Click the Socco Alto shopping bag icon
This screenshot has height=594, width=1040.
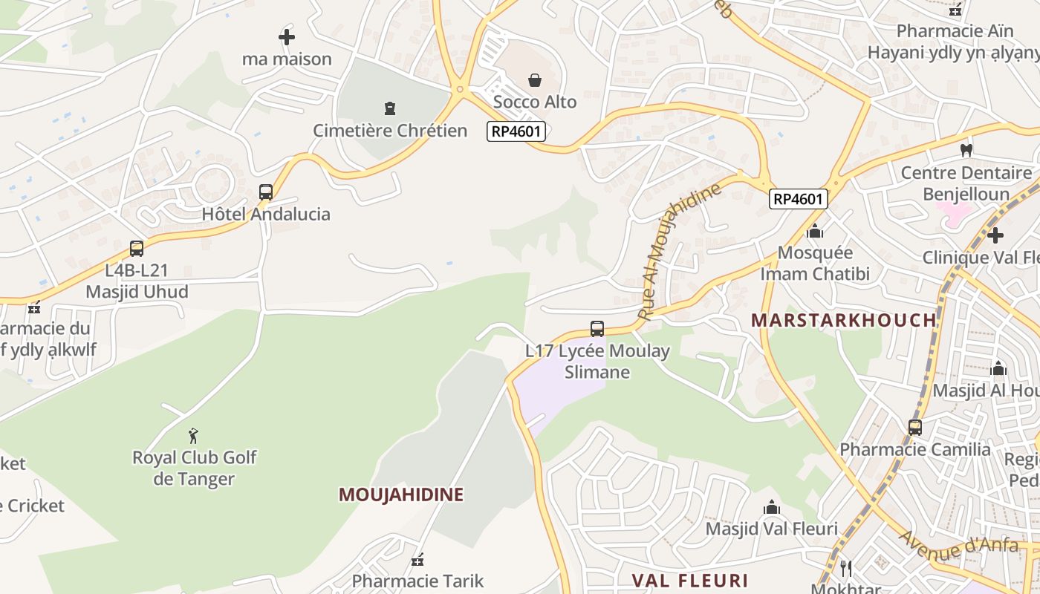[534, 80]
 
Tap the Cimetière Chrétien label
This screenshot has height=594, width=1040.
[390, 131]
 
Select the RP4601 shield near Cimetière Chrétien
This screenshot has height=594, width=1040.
[516, 131]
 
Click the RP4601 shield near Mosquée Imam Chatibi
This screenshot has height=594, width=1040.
[798, 198]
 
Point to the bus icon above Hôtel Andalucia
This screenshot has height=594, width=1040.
[266, 192]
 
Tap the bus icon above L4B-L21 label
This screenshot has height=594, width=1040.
[137, 248]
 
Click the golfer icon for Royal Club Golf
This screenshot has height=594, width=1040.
[194, 435]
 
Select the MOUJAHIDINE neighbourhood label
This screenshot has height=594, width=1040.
[401, 495]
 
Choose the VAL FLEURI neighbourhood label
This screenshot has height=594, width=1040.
[689, 580]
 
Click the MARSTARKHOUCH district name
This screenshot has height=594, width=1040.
[843, 320]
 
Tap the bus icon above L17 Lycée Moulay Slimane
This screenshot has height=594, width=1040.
[597, 328]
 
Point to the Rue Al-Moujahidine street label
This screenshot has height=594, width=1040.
[679, 251]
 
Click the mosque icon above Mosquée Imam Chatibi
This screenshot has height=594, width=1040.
[815, 231]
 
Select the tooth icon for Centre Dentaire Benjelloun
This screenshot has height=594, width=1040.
[966, 150]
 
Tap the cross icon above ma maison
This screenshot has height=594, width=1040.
[287, 36]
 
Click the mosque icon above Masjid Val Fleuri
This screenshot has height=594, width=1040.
[772, 507]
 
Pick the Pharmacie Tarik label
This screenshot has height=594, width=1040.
[417, 581]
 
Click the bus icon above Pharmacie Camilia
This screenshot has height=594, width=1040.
[915, 427]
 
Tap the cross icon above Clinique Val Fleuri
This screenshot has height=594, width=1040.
[995, 235]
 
